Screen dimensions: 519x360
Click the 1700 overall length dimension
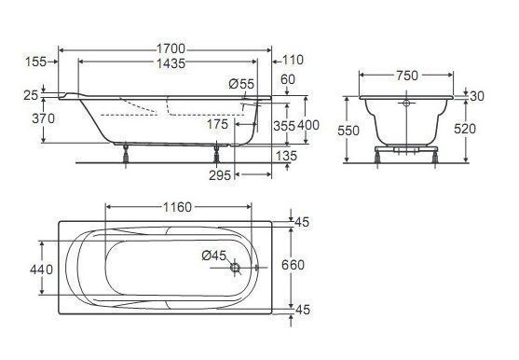pyautogui.click(x=171, y=49)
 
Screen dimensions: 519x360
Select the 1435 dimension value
pyautogui.click(x=171, y=63)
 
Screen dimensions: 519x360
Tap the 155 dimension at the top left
pyautogui.click(x=36, y=62)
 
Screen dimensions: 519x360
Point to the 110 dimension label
pyautogui.click(x=294, y=60)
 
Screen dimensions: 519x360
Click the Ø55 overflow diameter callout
pyautogui.click(x=241, y=84)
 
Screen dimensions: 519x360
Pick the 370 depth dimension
pyautogui.click(x=44, y=118)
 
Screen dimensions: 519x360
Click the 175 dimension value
pyautogui.click(x=217, y=124)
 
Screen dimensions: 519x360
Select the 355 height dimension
pyautogui.click(x=284, y=126)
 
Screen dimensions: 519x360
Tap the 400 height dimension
pyautogui.click(x=308, y=125)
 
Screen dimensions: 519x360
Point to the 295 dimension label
pyautogui.click(x=220, y=175)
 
